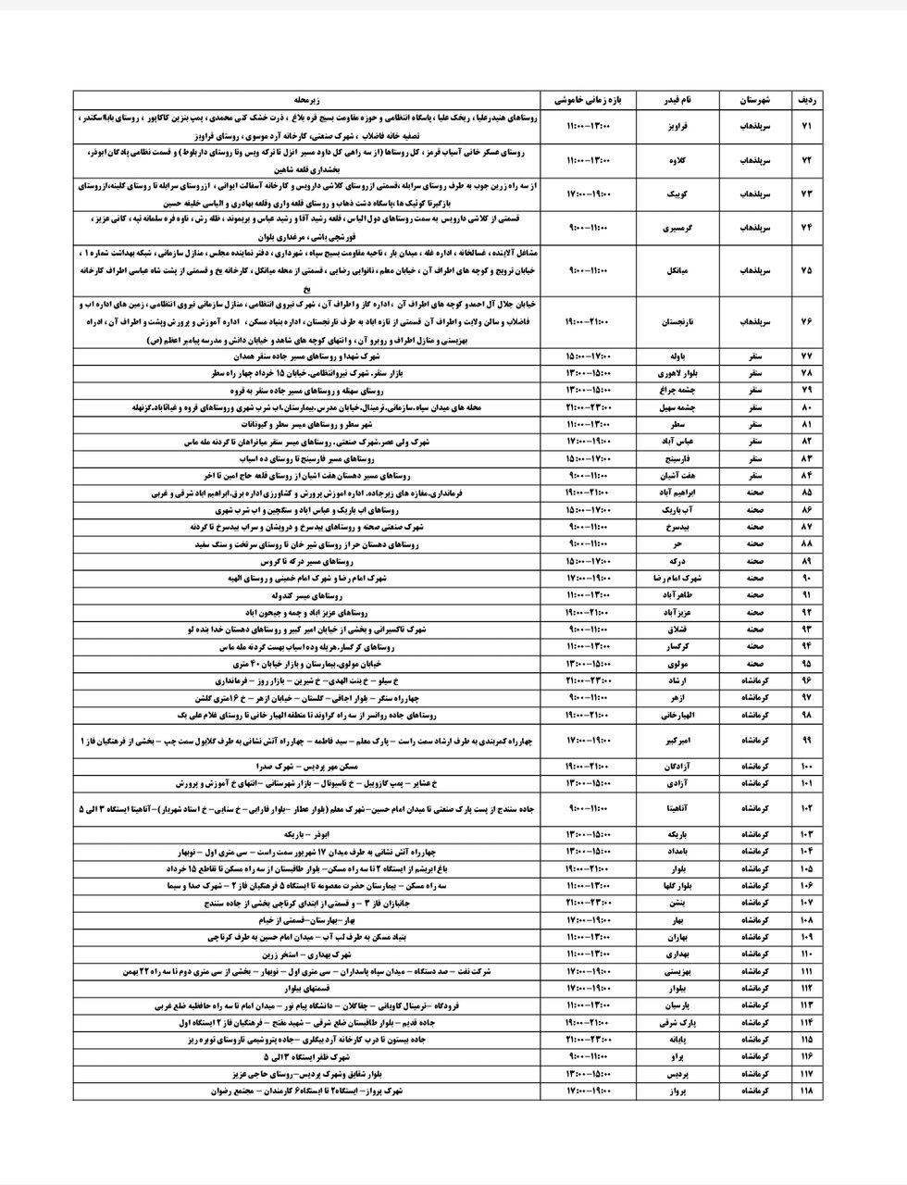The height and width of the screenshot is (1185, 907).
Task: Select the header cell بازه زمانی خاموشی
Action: coord(589,99)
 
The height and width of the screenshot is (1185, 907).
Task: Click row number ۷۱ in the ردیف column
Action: coord(804,124)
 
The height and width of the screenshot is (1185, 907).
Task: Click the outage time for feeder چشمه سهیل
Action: coord(589,406)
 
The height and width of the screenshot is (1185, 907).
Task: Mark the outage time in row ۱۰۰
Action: coord(589,767)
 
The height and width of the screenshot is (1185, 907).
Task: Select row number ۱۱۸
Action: coord(804,1091)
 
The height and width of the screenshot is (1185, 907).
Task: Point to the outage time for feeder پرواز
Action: coord(589,1091)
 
